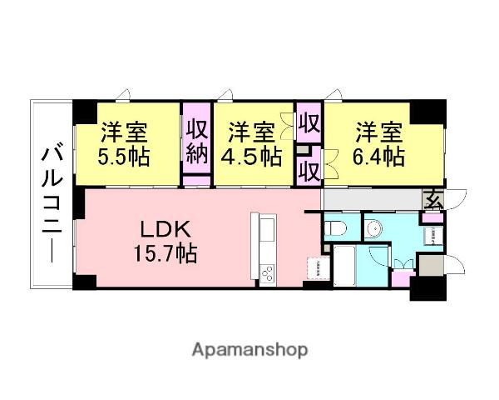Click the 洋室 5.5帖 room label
click(x=126, y=143)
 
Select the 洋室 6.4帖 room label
click(x=381, y=143)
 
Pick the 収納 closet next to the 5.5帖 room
click(x=196, y=142)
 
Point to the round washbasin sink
click(x=373, y=227)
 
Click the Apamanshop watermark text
click(x=249, y=349)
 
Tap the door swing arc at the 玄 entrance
click(x=457, y=200)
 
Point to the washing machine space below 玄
click(x=432, y=235)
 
